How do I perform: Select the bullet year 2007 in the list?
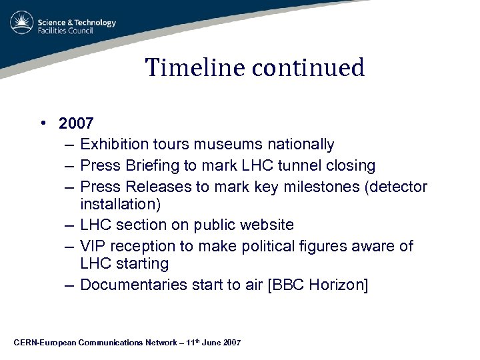[x=76, y=123]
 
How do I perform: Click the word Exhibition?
[x=115, y=144]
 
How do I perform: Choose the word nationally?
[x=301, y=144]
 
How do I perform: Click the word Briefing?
[x=157, y=165]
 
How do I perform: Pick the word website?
[x=265, y=225]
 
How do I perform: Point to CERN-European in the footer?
[x=44, y=343]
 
